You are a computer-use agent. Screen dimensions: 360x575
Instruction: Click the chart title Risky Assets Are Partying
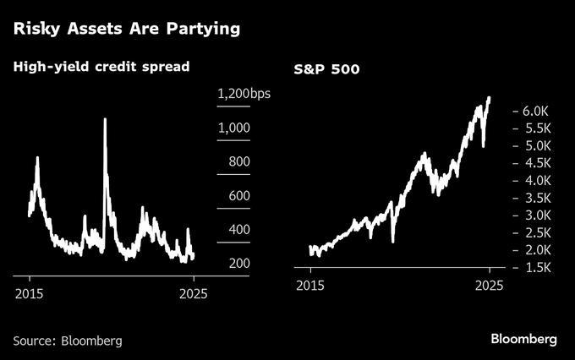(126, 29)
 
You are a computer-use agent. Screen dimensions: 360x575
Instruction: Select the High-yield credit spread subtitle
(99, 65)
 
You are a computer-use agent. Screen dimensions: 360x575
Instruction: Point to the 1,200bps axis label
(244, 95)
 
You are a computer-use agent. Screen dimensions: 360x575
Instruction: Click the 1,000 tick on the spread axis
(234, 128)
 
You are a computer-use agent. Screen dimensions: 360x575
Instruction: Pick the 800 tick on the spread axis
(234, 162)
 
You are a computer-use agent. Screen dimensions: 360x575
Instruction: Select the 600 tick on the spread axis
(234, 196)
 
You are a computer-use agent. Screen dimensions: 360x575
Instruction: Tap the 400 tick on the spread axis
(234, 230)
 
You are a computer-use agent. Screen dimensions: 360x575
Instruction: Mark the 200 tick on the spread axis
(234, 264)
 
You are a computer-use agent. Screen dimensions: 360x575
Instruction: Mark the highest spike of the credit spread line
(105, 119)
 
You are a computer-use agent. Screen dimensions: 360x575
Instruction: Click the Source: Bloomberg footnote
(68, 341)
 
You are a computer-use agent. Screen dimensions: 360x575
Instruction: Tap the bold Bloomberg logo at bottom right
(524, 339)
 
